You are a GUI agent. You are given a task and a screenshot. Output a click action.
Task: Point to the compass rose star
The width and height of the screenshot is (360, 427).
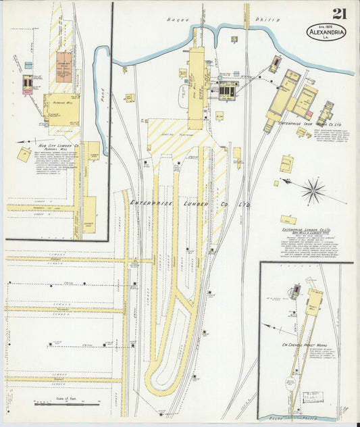tap(313, 191)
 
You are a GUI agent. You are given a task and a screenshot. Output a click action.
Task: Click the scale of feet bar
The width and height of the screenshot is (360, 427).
tap(67, 404)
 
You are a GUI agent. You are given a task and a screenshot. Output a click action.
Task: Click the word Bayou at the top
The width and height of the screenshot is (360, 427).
tap(176, 21)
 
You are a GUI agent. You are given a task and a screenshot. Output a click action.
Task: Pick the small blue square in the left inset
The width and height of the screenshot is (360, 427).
tap(28, 66)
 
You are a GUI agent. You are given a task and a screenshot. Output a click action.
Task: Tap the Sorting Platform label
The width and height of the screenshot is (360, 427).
tap(175, 135)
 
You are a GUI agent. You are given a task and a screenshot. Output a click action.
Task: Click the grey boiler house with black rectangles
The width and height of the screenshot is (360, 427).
tap(228, 89)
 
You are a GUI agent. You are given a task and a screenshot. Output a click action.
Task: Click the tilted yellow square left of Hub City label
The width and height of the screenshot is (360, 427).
tap(25, 152)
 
